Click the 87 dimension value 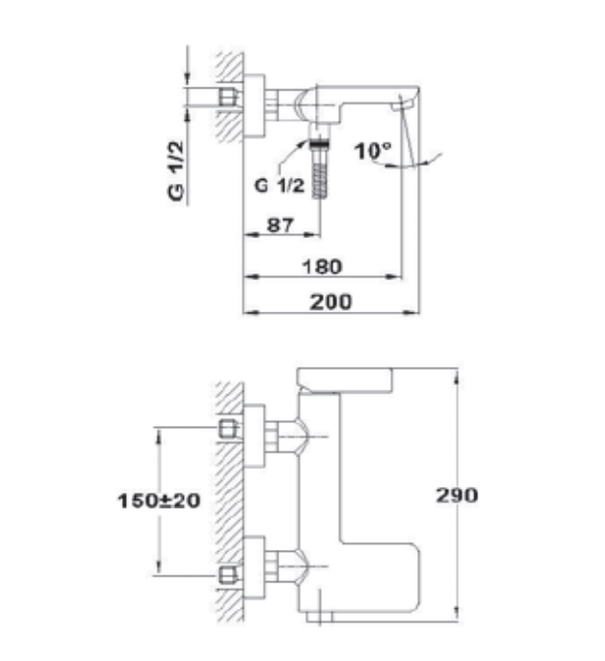pos(280,224)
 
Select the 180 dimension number pos(322,267)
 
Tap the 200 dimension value pos(331,302)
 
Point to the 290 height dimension pos(457,496)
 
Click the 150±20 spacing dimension pos(158,501)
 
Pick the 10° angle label pos(372,150)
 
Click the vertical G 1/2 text pos(176,171)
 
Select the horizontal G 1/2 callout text pos(279,186)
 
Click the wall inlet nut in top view pos(228,97)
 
